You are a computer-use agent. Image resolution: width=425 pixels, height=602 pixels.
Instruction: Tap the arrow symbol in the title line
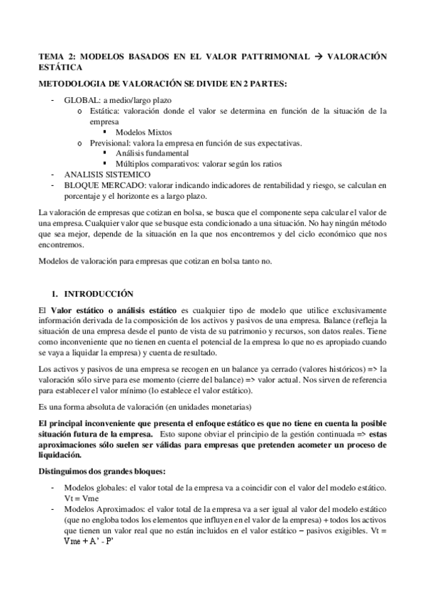click(316, 56)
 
